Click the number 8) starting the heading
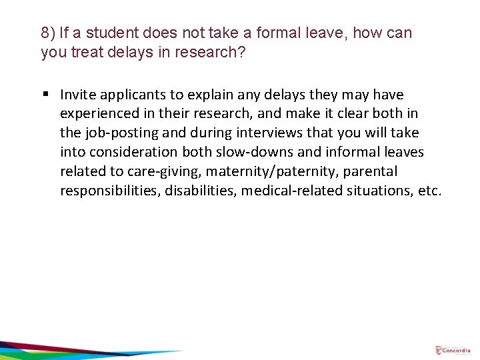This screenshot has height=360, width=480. point(48,33)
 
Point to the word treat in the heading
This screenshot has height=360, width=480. point(83,52)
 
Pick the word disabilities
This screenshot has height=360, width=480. point(204,191)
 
